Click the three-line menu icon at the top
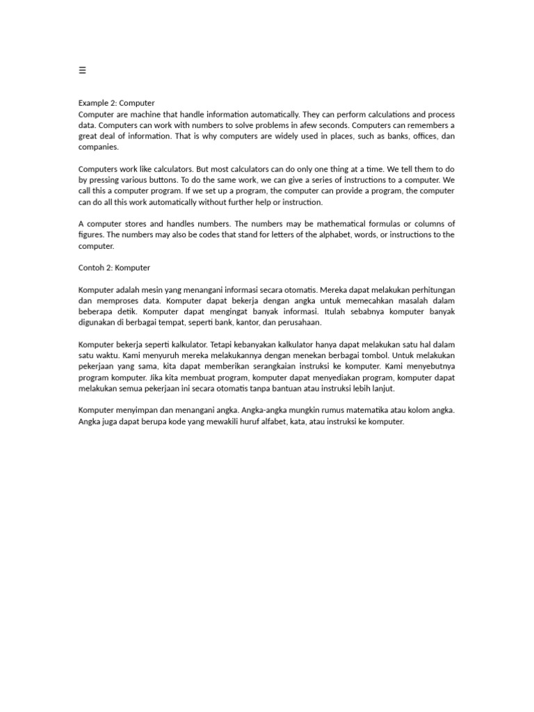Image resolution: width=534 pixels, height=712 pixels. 82,70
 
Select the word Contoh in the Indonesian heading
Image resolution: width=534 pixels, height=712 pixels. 92,268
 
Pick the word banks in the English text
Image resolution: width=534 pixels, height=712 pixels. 372,136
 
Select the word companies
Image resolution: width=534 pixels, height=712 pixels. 99,147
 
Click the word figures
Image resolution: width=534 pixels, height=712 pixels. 92,235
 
